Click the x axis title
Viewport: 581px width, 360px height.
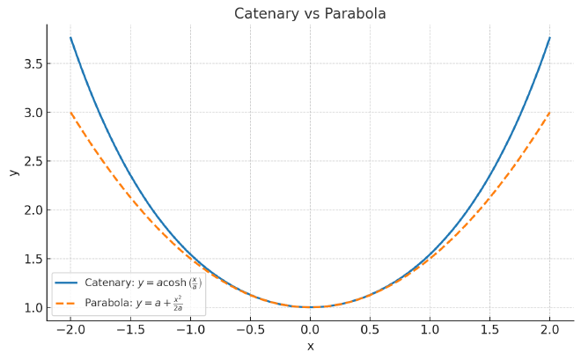pos(310,346)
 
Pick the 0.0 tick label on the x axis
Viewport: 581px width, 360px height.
pos(310,329)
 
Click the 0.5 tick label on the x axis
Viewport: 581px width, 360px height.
pos(370,329)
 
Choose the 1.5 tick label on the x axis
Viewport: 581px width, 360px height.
pos(489,329)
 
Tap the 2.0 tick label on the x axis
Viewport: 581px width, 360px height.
pos(549,329)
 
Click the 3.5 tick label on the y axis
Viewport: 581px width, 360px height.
pos(32,63)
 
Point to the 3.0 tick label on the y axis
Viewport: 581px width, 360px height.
pos(32,113)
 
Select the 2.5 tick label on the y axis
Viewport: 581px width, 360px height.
pos(32,161)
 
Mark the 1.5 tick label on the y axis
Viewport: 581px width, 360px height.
pos(32,259)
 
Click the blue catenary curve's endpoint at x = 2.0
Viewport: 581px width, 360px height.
pos(549,37)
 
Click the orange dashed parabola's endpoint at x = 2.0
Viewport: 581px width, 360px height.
pos(549,113)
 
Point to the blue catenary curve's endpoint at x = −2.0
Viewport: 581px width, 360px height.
pos(70,37)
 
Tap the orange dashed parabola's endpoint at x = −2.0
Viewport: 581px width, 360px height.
pos(70,113)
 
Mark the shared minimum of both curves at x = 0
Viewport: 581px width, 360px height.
pos(310,307)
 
